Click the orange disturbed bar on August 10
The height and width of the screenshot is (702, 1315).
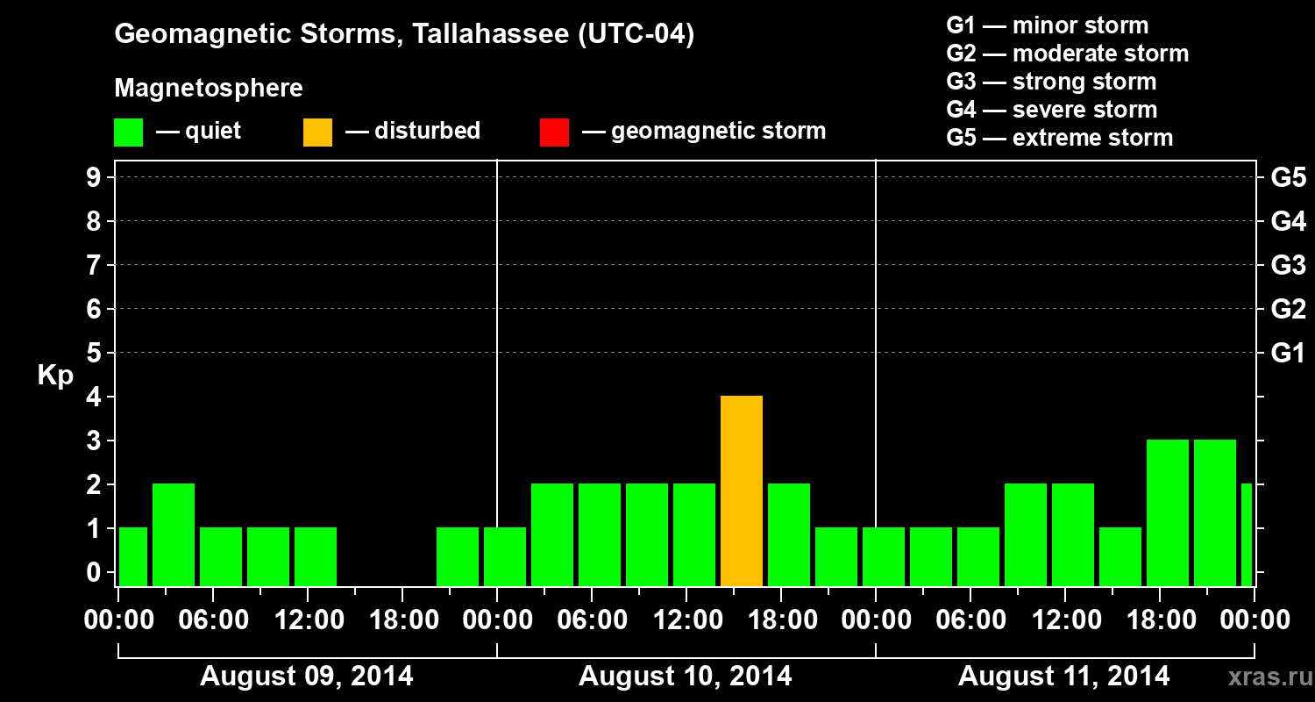(x=742, y=491)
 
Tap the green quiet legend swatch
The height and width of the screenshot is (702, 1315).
(x=128, y=133)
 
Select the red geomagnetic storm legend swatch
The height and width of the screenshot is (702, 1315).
(x=554, y=133)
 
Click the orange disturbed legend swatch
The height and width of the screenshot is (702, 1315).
(x=317, y=133)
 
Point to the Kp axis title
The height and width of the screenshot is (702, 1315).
(x=55, y=376)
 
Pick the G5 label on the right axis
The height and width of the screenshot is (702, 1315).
(x=1288, y=178)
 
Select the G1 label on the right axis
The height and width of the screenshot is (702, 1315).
(x=1288, y=354)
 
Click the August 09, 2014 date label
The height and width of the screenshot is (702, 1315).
(x=307, y=677)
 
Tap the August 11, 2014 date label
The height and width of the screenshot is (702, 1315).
(x=1063, y=677)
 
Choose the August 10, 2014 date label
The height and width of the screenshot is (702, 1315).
(x=686, y=677)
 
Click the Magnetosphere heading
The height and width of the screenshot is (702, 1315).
(x=209, y=89)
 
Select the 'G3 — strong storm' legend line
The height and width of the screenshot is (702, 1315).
(x=1051, y=82)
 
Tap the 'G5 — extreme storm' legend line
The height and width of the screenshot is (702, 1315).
(x=1059, y=138)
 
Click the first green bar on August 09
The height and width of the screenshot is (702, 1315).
(x=133, y=556)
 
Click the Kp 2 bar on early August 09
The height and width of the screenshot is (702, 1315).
(x=174, y=534)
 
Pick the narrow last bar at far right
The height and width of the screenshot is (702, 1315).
(x=1247, y=534)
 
